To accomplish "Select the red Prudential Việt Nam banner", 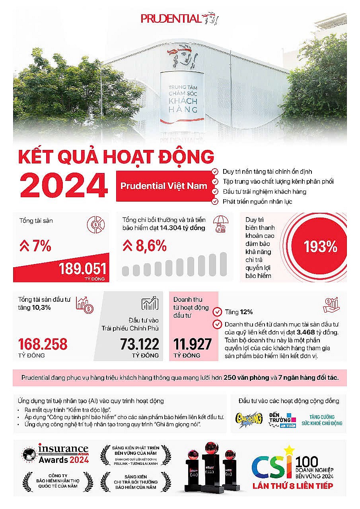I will [163, 186].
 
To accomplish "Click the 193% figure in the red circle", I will [321, 247].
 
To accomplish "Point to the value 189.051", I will [83, 269].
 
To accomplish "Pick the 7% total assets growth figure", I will [35, 247].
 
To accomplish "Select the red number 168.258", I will [43, 344].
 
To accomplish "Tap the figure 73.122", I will [139, 344].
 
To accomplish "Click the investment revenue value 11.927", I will [192, 344].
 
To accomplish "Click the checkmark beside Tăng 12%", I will [217, 312].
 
